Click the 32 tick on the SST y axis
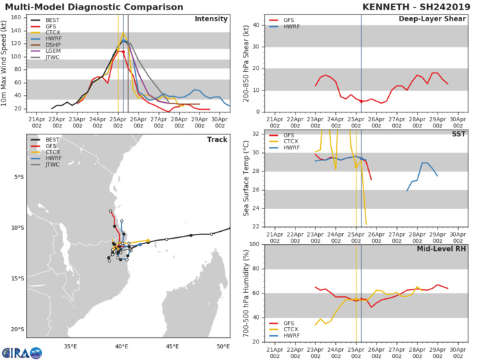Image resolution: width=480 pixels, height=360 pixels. click(x=239, y=134)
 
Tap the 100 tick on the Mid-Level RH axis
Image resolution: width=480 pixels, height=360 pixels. click(x=237, y=245)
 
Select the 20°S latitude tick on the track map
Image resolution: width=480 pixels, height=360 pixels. click(x=18, y=329)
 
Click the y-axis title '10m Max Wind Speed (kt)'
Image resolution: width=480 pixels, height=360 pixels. click(x=6, y=62)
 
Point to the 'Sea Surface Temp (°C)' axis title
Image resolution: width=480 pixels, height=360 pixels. click(x=226, y=179)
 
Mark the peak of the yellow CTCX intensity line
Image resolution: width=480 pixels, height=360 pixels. click(x=123, y=34)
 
